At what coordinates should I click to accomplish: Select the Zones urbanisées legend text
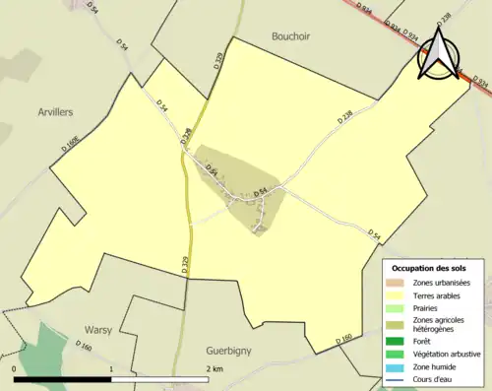pyautogui.click(x=441, y=283)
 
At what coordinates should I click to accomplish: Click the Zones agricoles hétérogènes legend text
pyautogui.click(x=440, y=325)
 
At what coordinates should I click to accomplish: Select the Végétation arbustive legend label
pyautogui.click(x=447, y=355)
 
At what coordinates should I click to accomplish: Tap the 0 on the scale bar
pyautogui.click(x=14, y=369)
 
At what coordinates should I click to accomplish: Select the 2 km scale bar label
pyautogui.click(x=215, y=369)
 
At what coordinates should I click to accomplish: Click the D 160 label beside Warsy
pyautogui.click(x=83, y=347)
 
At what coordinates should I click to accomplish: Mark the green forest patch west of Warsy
pyautogui.click(x=39, y=345)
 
